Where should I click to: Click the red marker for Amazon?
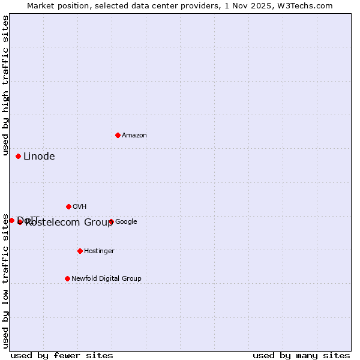(118, 135)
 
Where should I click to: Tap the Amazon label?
(134, 136)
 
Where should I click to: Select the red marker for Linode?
(18, 156)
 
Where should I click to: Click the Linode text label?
(39, 157)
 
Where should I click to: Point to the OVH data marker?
(68, 206)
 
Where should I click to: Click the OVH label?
(80, 207)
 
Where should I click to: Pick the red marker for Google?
(111, 221)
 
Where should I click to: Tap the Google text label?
(126, 222)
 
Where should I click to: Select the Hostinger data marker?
(80, 251)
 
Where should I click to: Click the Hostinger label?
(99, 251)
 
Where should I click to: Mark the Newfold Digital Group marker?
(67, 278)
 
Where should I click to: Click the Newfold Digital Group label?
(106, 279)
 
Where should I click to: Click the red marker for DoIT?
(11, 220)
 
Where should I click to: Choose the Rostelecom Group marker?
(20, 222)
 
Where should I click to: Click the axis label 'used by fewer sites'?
(62, 355)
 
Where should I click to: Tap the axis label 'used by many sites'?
(301, 355)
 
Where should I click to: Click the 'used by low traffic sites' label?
(6, 281)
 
